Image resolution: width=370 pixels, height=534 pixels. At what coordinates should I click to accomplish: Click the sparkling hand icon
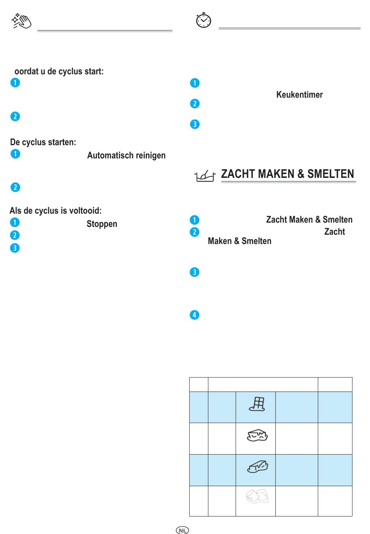click(21, 21)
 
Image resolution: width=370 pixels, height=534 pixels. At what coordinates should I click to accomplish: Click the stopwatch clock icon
click(203, 20)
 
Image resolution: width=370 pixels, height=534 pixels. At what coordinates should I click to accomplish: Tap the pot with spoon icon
click(205, 176)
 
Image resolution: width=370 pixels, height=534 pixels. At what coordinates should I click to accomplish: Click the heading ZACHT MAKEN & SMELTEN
click(287, 174)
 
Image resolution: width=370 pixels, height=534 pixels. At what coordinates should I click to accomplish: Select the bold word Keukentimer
click(300, 95)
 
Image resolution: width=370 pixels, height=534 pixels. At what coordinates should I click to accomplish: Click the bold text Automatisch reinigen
click(126, 155)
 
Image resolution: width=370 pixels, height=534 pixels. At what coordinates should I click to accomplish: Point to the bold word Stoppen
click(102, 224)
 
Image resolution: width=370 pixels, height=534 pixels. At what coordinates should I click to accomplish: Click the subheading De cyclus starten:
click(43, 142)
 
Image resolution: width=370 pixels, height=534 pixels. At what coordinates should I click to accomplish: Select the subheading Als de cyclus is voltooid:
click(56, 211)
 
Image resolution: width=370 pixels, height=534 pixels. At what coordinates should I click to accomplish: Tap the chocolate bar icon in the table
click(257, 404)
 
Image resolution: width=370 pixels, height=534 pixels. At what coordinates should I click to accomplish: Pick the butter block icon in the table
click(257, 467)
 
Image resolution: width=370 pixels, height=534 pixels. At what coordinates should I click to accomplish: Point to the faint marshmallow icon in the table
click(257, 496)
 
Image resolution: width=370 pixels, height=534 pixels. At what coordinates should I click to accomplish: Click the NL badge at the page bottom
click(183, 530)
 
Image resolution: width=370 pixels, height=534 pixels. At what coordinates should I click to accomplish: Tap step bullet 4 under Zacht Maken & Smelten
click(194, 315)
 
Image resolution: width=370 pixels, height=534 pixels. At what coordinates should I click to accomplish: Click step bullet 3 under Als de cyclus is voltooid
click(15, 248)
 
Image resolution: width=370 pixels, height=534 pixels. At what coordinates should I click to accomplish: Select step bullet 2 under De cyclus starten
click(15, 187)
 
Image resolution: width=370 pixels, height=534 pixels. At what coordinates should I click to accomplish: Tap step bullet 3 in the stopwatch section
click(195, 124)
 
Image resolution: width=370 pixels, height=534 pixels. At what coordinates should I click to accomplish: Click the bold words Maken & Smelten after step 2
click(240, 241)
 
